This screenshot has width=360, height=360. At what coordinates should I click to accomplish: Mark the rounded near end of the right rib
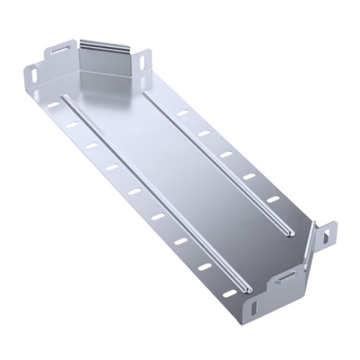pyautogui.click(x=289, y=232)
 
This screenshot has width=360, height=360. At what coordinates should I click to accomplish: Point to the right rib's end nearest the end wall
pyautogui.click(x=147, y=93)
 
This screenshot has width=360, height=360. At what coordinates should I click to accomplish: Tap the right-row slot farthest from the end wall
pyautogui.click(x=273, y=199)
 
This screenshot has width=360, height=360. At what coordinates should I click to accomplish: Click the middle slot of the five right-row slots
pyautogui.click(x=226, y=155)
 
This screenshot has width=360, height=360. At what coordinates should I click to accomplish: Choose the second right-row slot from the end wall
pyautogui.click(x=204, y=134)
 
